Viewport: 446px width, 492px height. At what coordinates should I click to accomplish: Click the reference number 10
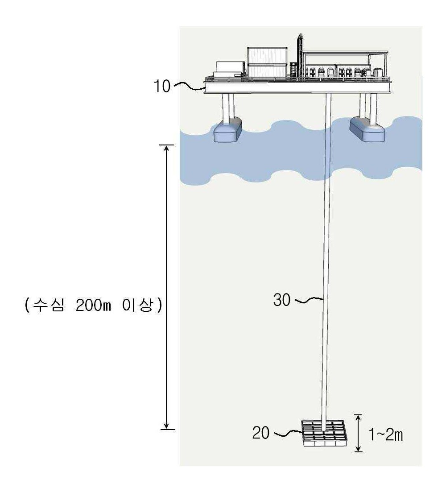point(162,86)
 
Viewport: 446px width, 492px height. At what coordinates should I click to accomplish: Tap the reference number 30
point(282,300)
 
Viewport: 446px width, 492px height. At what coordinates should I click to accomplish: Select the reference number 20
point(261,433)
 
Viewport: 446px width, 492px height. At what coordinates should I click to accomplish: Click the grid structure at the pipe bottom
point(324,434)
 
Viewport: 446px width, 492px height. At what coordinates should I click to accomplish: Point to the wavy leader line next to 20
point(289,434)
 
